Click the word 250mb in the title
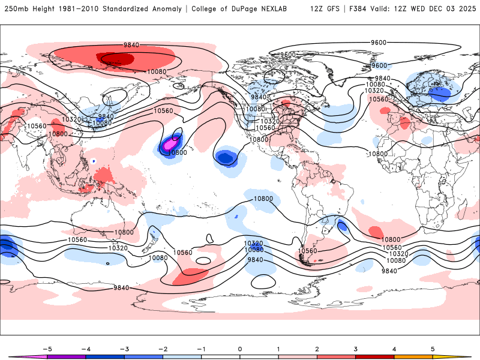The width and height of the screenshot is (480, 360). (x=16, y=9)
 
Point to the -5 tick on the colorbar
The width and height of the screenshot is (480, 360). (x=46, y=347)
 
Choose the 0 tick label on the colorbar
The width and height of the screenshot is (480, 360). (x=239, y=347)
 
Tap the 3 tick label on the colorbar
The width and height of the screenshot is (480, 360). (x=355, y=347)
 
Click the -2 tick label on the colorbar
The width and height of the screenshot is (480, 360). (x=163, y=347)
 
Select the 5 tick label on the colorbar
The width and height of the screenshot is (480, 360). (x=433, y=347)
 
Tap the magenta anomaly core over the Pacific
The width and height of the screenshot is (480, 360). (x=170, y=143)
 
